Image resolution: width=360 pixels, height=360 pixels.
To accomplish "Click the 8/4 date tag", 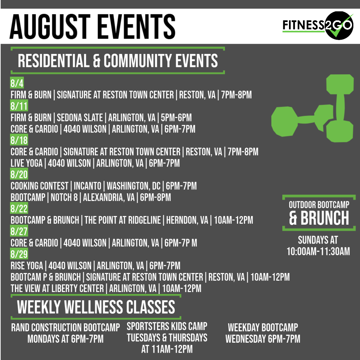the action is click(17, 83).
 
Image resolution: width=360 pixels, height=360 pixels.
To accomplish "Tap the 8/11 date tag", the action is click(19, 106).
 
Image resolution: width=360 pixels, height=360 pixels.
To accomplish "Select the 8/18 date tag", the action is click(19, 140).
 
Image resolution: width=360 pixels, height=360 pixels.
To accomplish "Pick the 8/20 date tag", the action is click(19, 174).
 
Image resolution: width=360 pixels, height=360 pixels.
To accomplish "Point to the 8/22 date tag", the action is click(19, 208).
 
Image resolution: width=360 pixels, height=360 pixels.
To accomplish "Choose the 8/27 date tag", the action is click(19, 231).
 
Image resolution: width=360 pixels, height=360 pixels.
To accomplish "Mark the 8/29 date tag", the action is click(19, 254).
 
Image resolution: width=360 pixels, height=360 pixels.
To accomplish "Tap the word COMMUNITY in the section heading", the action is click(137, 61).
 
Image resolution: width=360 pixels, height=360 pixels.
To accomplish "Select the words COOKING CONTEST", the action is click(39, 186).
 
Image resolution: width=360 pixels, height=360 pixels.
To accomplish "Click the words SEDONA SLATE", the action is click(80, 118).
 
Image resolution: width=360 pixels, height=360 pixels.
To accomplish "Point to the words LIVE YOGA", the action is click(26, 163).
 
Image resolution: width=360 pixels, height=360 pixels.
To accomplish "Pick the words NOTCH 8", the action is click(64, 197).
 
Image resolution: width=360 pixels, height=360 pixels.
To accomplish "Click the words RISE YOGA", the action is click(27, 266).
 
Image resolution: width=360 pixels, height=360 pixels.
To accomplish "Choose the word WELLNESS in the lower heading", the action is click(93, 307).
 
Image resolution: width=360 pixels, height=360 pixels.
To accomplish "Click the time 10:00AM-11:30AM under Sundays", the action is click(318, 251).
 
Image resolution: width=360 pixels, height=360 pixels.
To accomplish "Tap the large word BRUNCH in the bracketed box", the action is click(325, 218).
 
